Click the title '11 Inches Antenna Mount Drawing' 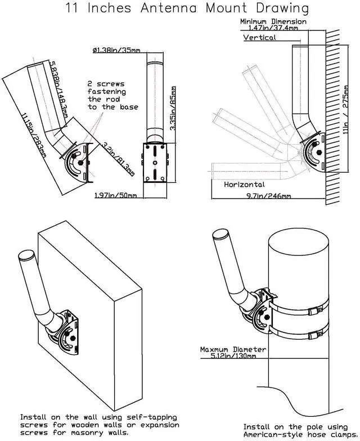(187, 8)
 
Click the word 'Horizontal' (244, 184)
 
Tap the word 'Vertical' (259, 38)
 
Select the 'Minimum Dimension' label (273, 21)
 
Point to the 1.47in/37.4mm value (273, 28)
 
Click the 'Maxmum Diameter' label (233, 349)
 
